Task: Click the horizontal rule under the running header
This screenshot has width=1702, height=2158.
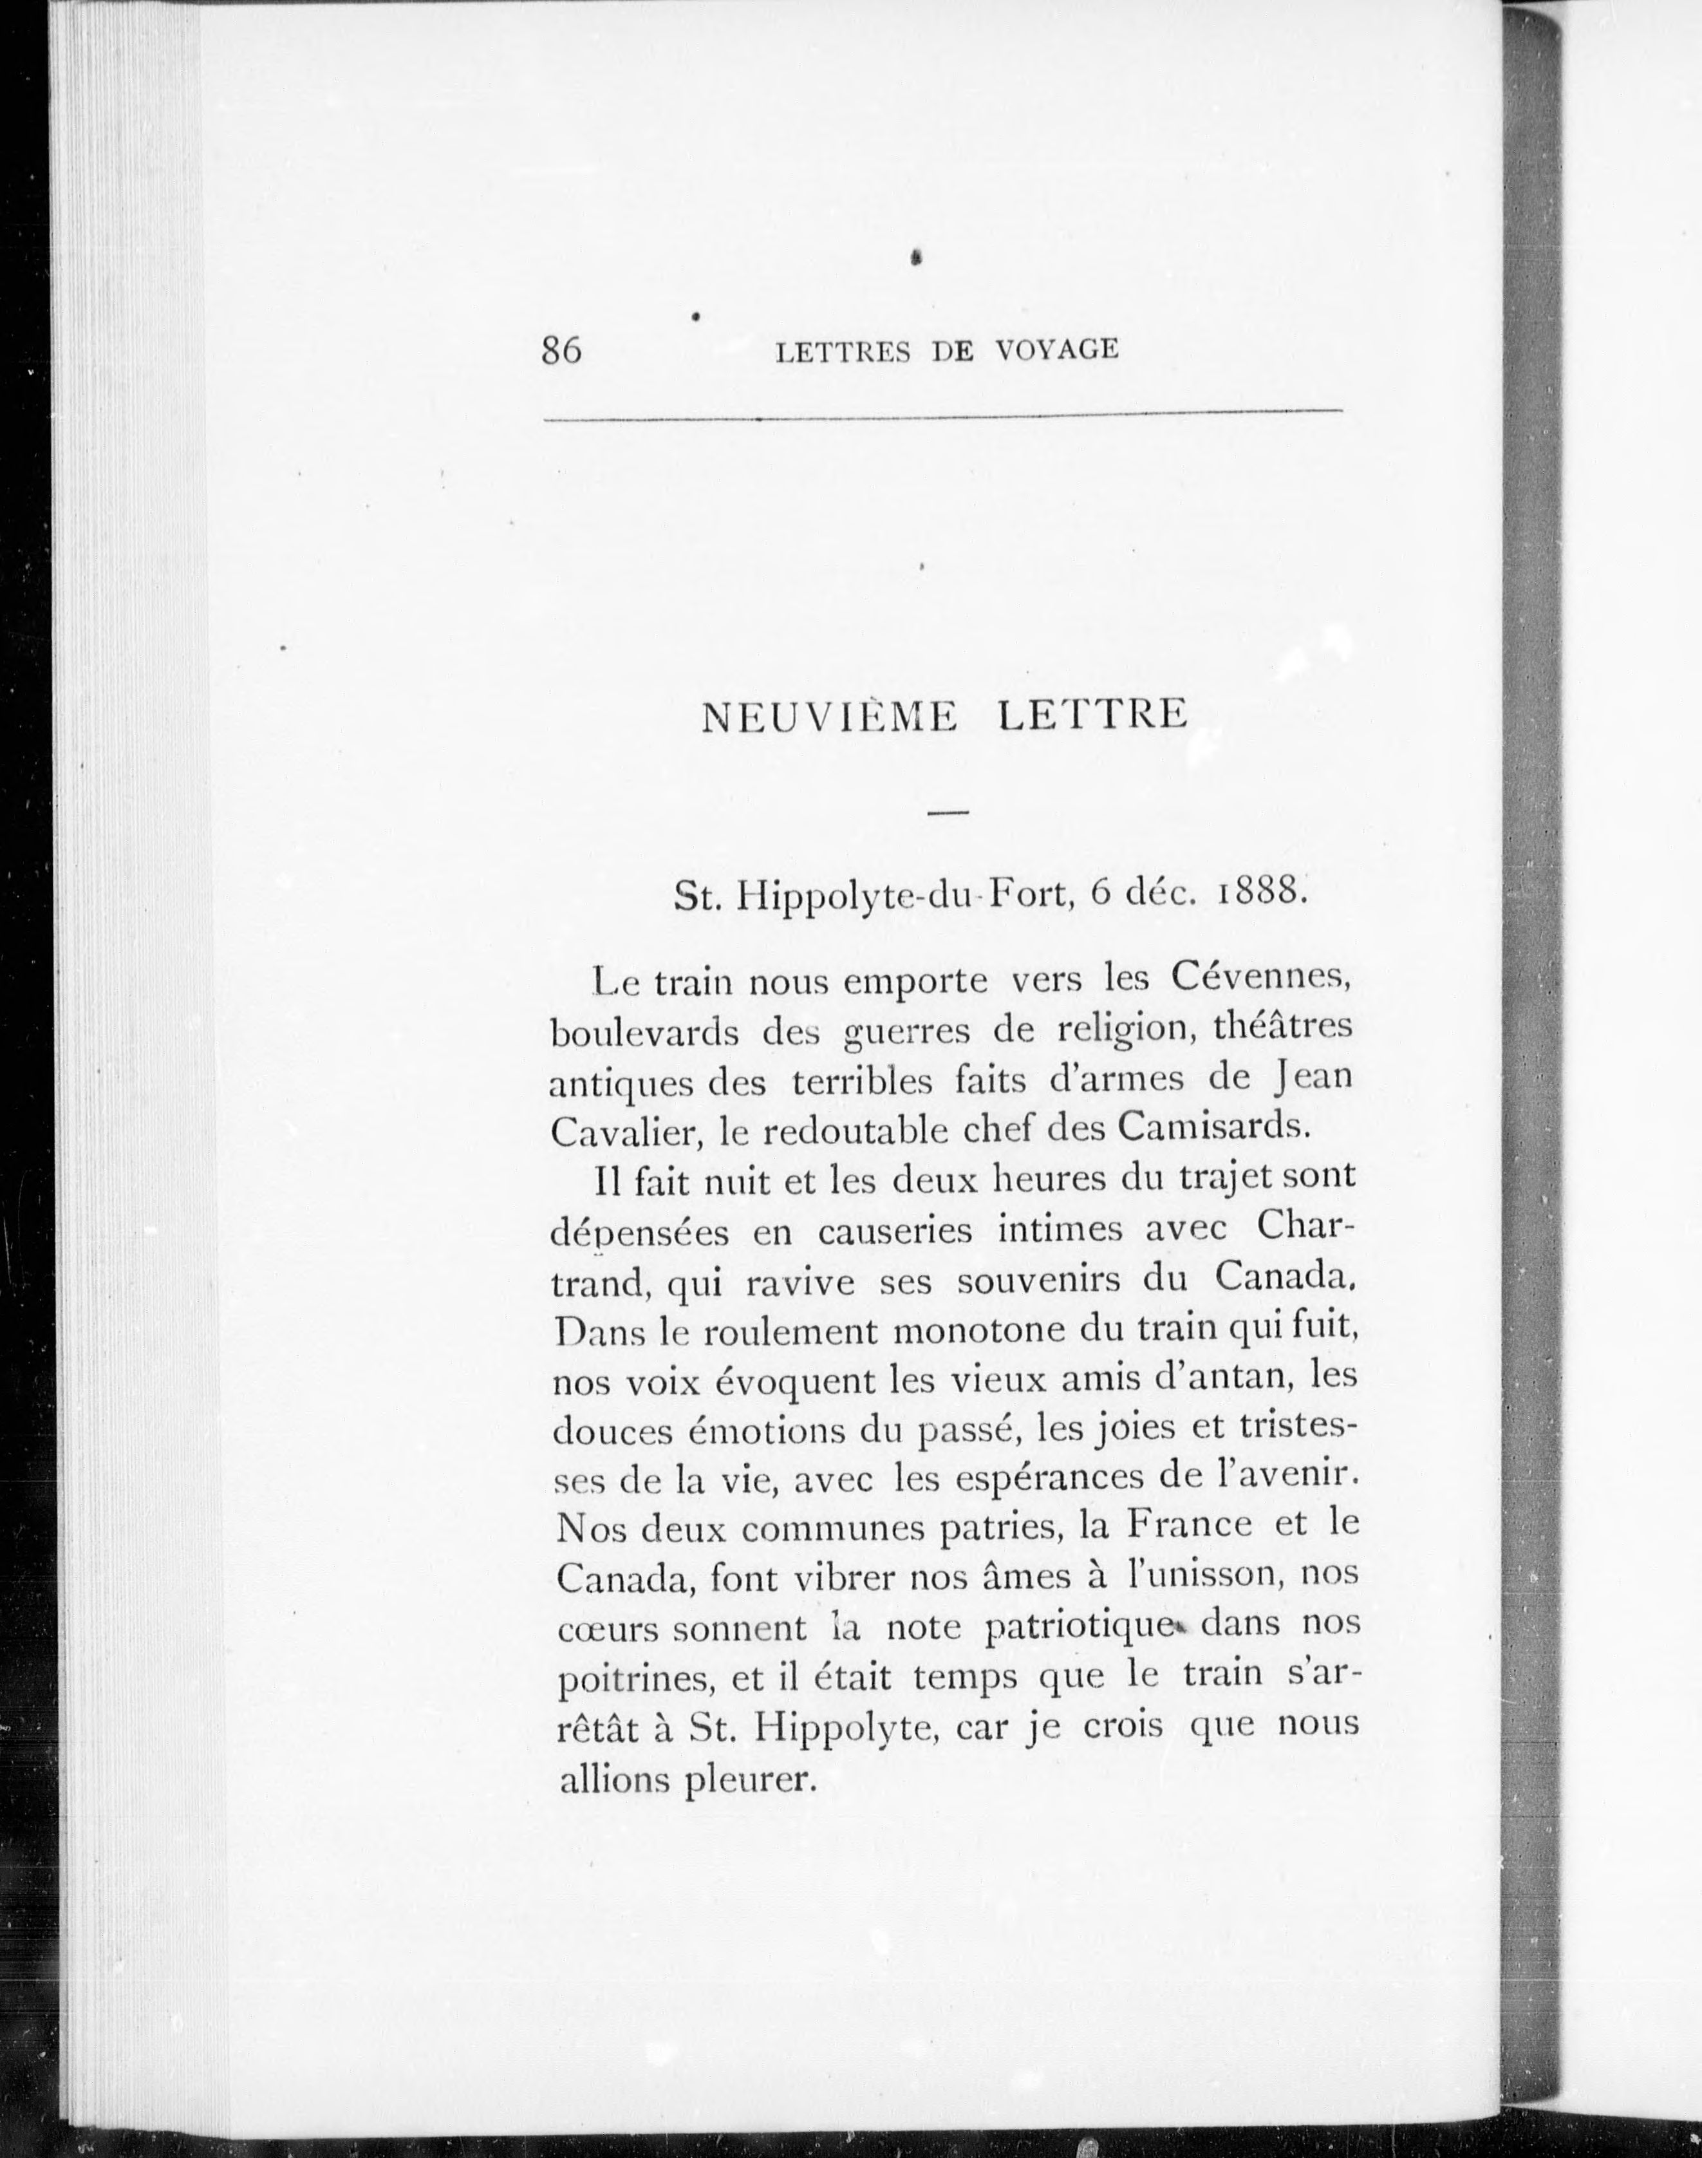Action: (x=942, y=416)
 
